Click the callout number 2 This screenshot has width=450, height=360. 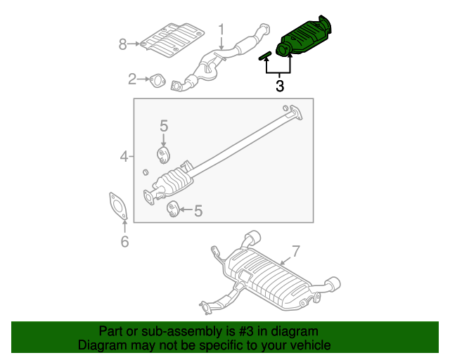pos(132,79)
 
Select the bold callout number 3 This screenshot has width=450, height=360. pos(279,86)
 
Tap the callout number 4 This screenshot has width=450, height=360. pos(124,156)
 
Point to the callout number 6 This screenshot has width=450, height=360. pos(124,242)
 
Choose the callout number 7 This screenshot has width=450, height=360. pos(295,250)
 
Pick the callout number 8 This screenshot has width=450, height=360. pos(122,44)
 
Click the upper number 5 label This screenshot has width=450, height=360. pos(163,126)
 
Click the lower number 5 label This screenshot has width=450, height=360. pos(198,210)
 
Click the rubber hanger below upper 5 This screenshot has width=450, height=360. pos(163,155)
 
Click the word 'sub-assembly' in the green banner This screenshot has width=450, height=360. pos(176,331)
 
